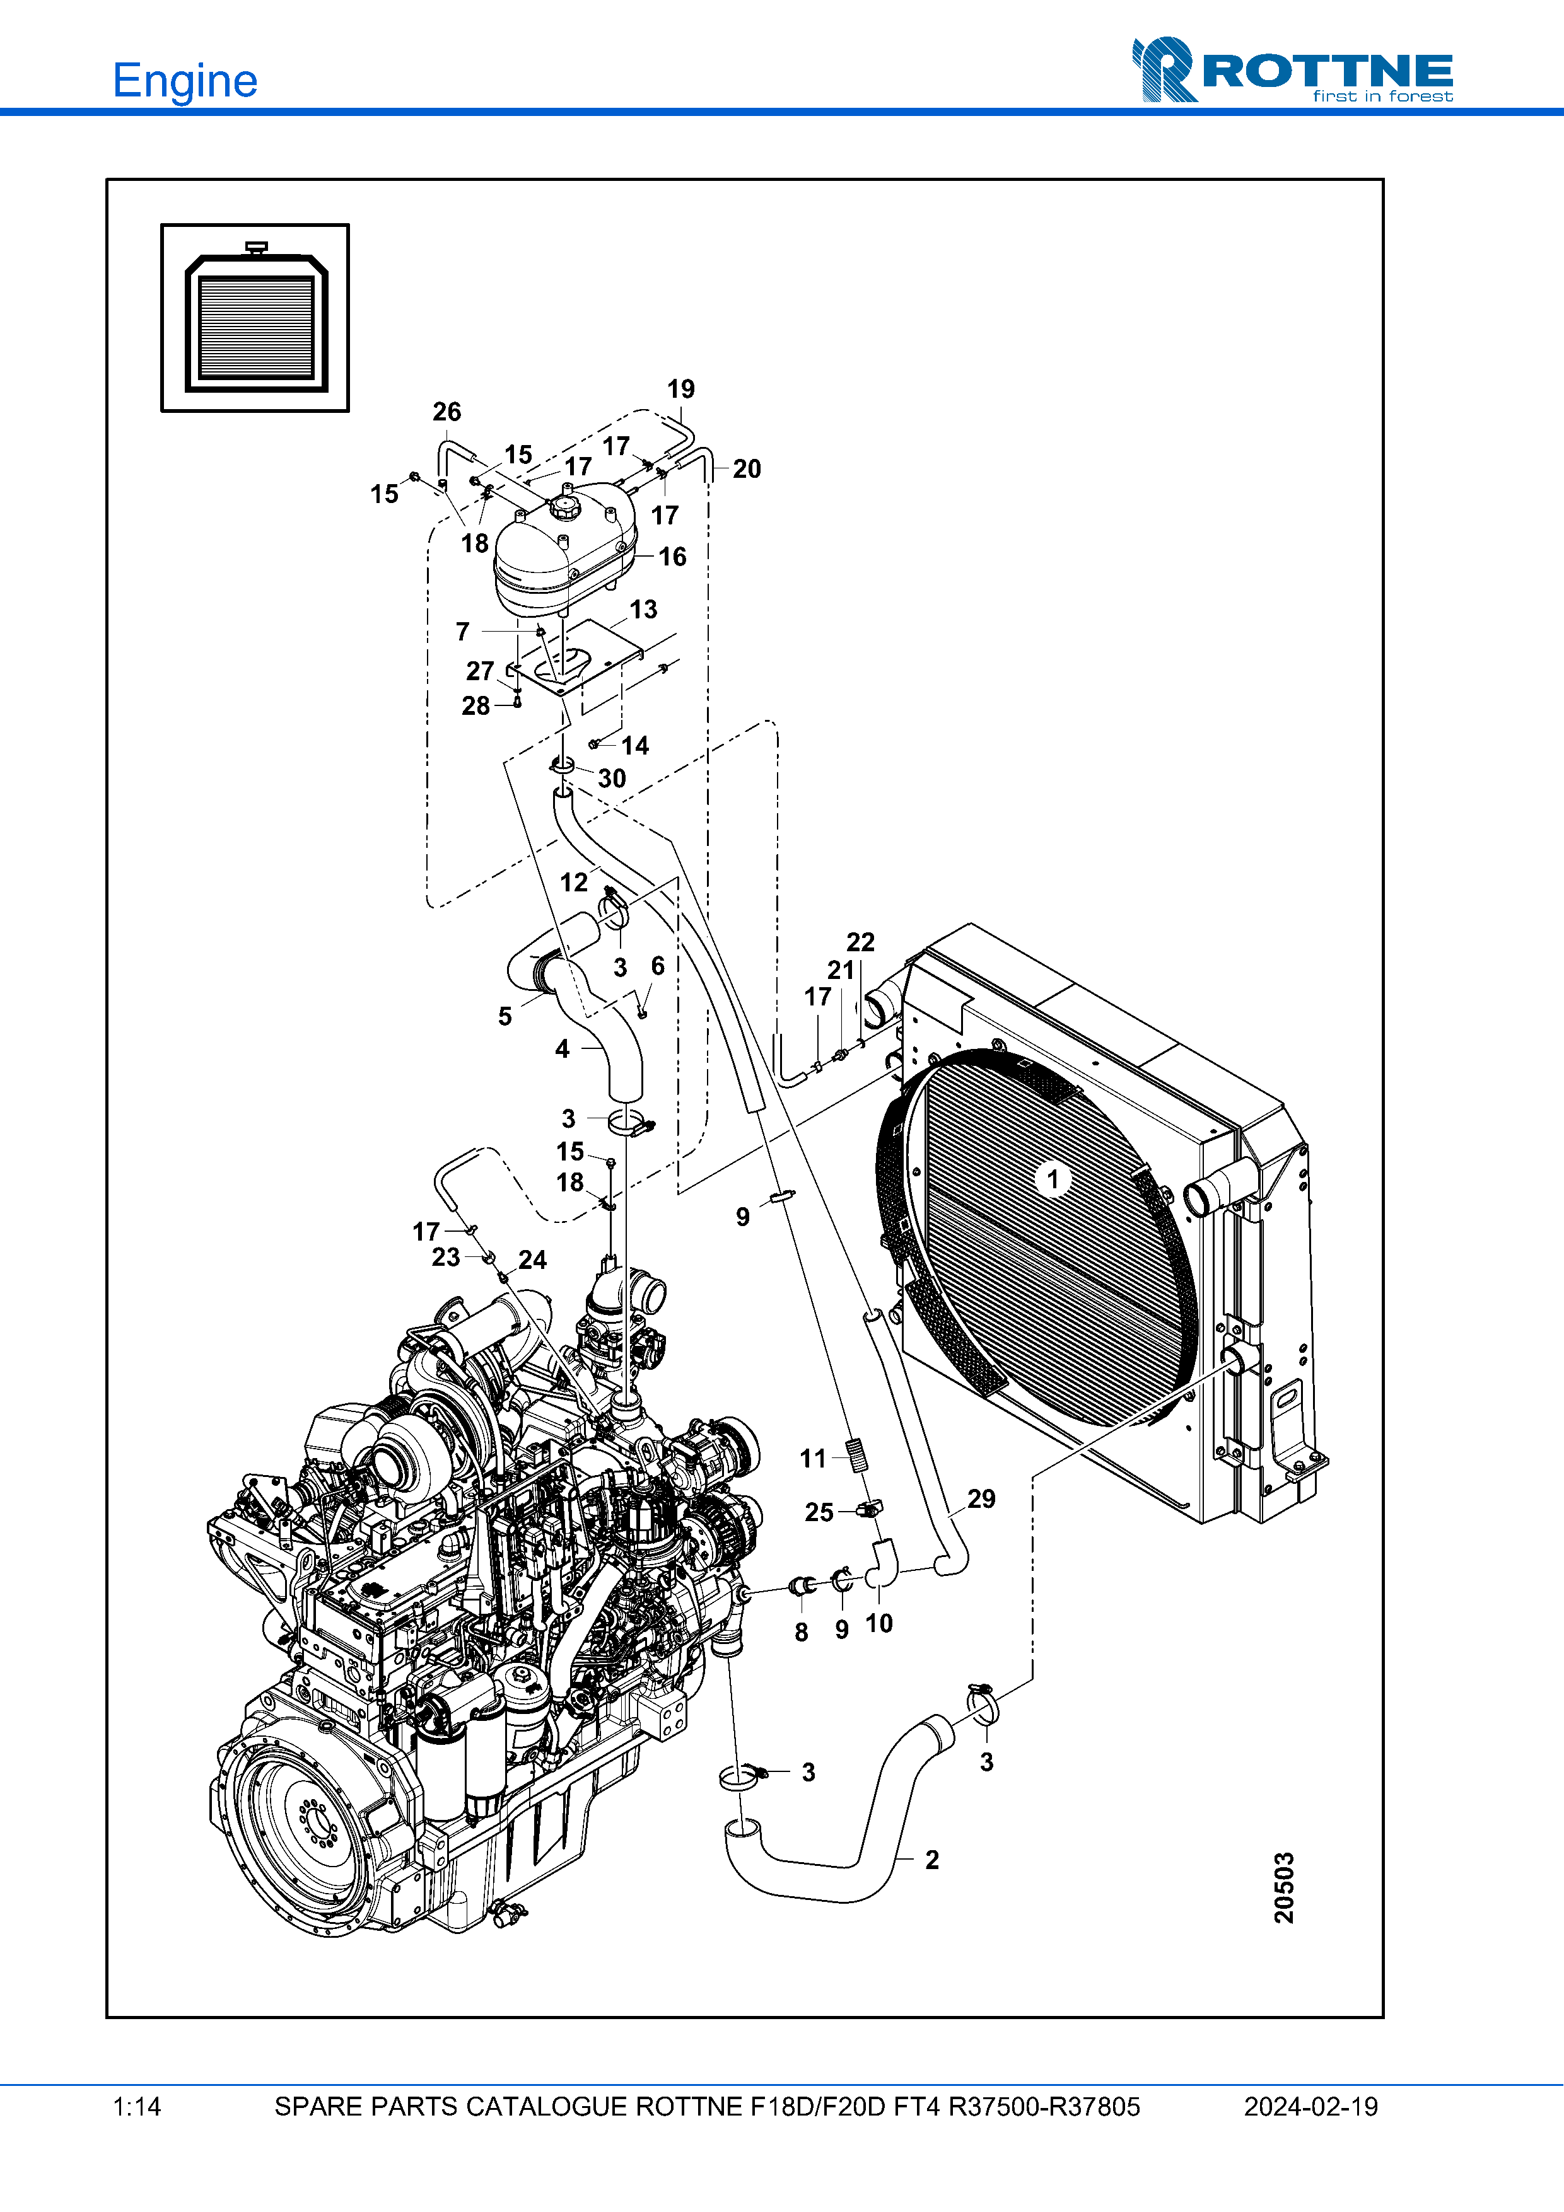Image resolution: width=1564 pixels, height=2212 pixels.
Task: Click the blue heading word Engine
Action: [x=185, y=81]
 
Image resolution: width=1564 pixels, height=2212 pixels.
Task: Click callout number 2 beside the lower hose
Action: [x=932, y=1860]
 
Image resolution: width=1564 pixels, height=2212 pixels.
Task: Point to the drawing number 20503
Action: [x=1283, y=1886]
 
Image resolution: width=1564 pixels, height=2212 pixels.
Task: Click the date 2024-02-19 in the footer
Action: [x=1310, y=2107]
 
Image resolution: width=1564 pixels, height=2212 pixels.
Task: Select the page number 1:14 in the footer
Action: [x=137, y=2107]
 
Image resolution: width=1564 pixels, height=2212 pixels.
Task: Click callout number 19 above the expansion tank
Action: [x=680, y=389]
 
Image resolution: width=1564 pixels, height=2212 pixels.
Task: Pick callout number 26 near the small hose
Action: [x=446, y=412]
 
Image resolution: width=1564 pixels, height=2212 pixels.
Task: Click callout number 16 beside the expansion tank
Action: [x=673, y=556]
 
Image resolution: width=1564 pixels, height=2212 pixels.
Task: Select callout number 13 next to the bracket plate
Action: [x=644, y=609]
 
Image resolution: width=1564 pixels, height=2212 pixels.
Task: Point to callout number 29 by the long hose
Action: [x=981, y=1498]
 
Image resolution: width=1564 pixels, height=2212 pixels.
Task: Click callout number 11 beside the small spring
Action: [x=814, y=1459]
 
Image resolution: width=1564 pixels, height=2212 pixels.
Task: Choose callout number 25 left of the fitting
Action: [x=819, y=1512]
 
